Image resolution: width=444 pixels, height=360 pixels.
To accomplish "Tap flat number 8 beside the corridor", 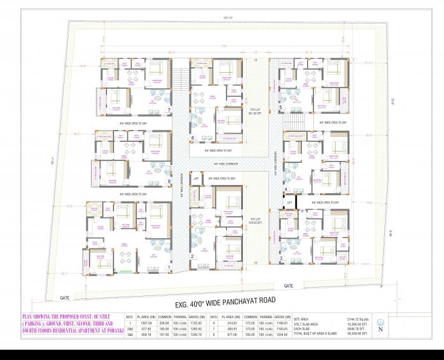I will point(169,182).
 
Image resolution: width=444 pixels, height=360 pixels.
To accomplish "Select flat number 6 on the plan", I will point(193,137).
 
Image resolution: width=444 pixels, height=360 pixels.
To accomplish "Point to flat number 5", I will point(280,107).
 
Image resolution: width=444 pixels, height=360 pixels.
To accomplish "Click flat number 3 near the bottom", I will point(281,258).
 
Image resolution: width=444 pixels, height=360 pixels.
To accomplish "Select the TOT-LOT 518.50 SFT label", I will point(255,222).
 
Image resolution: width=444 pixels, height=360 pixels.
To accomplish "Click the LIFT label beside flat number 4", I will point(289,202).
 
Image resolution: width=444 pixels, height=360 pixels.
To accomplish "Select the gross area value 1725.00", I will point(195,323).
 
